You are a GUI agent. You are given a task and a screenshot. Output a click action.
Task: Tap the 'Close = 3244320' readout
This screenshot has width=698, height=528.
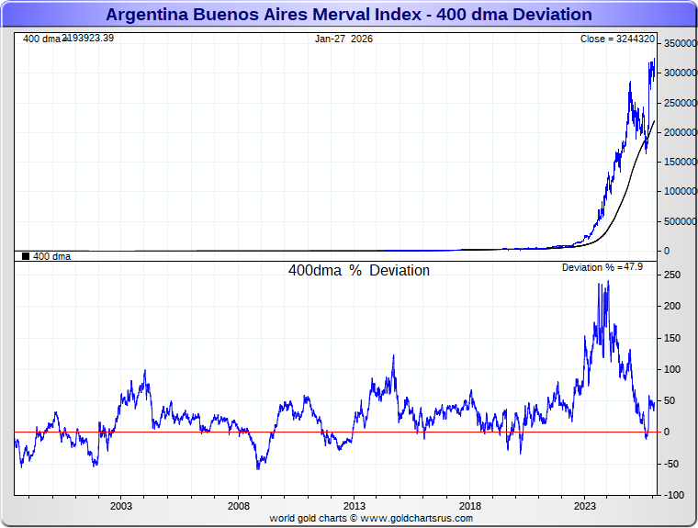[x=617, y=39]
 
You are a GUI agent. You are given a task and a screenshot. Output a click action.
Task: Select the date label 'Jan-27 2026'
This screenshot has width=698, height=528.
[x=343, y=39]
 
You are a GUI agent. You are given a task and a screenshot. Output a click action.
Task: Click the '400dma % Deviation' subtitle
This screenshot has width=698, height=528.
[x=358, y=271]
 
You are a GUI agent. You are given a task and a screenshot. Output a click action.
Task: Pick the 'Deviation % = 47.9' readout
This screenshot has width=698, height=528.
[x=602, y=267]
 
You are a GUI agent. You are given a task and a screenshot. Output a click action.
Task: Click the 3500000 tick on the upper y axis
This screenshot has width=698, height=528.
[x=678, y=44]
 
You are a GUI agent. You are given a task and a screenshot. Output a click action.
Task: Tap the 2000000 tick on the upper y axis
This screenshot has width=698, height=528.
[x=678, y=132]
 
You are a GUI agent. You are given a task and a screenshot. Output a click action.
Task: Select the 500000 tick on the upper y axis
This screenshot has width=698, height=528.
[x=678, y=221]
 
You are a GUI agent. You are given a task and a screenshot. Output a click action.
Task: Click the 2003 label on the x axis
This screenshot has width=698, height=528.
[x=121, y=506]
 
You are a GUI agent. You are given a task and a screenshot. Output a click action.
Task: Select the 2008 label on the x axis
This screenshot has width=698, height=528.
[x=238, y=506]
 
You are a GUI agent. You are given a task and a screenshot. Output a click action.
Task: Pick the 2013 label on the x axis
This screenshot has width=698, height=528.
[x=354, y=506]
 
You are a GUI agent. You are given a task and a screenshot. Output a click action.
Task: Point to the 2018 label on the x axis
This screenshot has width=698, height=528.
[x=470, y=506]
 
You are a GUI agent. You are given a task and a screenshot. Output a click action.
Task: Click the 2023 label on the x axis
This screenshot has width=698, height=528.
[x=586, y=506]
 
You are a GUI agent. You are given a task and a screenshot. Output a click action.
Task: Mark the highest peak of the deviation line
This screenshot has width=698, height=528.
[x=607, y=282]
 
